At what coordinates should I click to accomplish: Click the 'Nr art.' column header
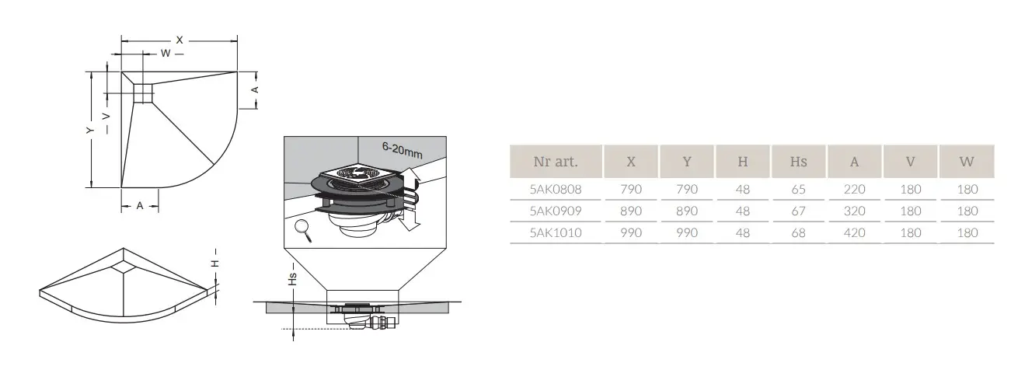556,162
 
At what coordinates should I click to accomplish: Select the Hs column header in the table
799,162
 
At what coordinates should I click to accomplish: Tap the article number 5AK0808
556,189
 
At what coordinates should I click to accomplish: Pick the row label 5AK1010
556,232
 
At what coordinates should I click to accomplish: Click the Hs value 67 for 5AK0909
799,211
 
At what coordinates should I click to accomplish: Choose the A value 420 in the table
854,232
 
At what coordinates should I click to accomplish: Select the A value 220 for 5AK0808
854,189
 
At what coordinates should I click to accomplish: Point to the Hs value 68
799,232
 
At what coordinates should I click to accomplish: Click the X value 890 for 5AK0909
631,211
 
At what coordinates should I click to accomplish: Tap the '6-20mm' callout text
403,150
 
